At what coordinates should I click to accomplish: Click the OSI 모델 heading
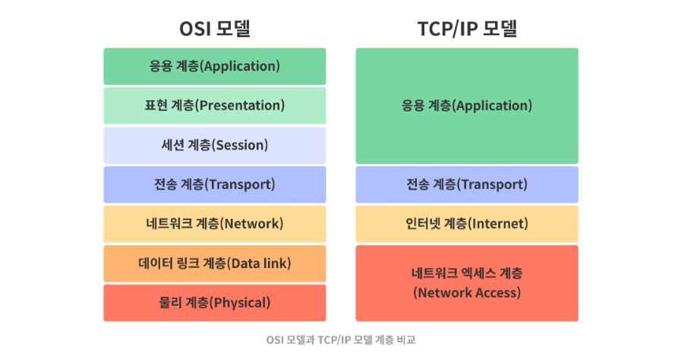click(215, 29)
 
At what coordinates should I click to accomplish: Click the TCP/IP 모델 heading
click(467, 29)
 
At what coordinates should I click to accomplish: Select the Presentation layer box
click(215, 106)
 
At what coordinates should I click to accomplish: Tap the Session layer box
click(215, 145)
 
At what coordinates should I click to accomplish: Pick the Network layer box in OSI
click(215, 224)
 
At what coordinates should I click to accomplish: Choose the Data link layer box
click(215, 264)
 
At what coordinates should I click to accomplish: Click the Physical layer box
click(215, 303)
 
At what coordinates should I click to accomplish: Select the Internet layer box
click(467, 224)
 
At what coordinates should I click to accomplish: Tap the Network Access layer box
click(467, 283)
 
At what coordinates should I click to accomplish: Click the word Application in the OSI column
click(241, 66)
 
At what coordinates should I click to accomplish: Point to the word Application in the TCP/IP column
click(494, 106)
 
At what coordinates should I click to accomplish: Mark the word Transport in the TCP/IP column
click(494, 185)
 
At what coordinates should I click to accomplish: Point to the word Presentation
click(241, 106)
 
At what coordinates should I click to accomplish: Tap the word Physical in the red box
click(241, 303)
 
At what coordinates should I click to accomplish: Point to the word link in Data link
click(276, 263)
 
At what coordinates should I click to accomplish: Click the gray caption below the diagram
click(341, 339)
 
